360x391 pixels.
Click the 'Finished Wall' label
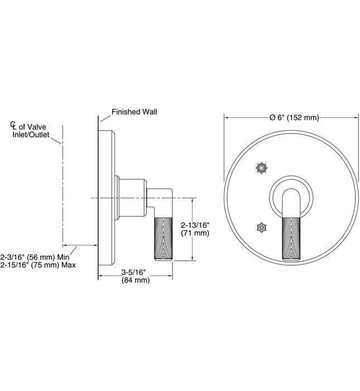coord(134,112)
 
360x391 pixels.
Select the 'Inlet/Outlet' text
coord(31,135)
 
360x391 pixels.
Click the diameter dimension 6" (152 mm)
coord(294,117)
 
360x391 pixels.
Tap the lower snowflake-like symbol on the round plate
coord(261,227)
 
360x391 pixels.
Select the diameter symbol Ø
coord(272,117)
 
